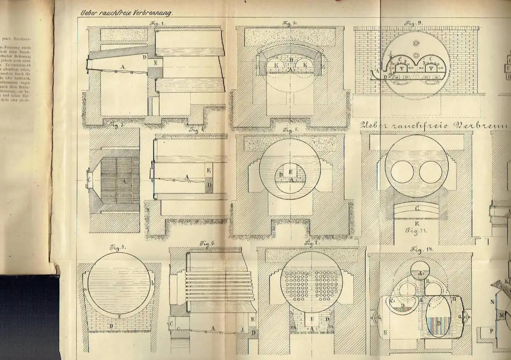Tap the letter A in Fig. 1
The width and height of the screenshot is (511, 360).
[123, 66]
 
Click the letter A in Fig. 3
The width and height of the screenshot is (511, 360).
[124, 180]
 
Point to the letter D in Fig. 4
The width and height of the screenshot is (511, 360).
[209, 185]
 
